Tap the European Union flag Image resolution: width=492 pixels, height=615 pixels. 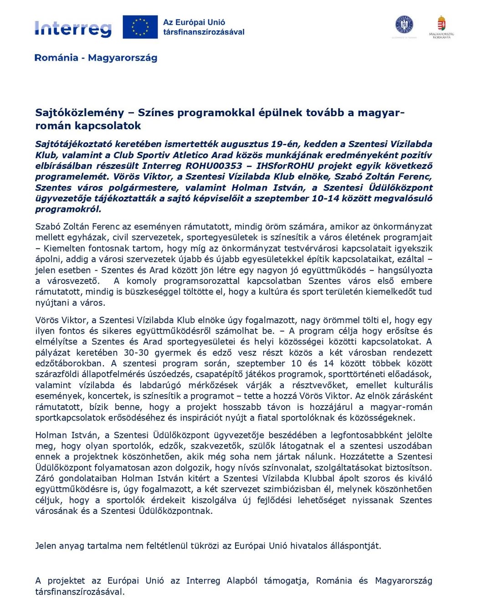(140, 27)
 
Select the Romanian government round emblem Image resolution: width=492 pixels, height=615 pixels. (404, 25)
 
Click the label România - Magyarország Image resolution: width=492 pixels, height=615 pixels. (96, 58)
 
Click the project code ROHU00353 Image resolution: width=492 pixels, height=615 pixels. (214, 166)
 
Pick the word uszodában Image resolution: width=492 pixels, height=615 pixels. (409, 446)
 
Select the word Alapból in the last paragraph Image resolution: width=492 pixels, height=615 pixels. (242, 581)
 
